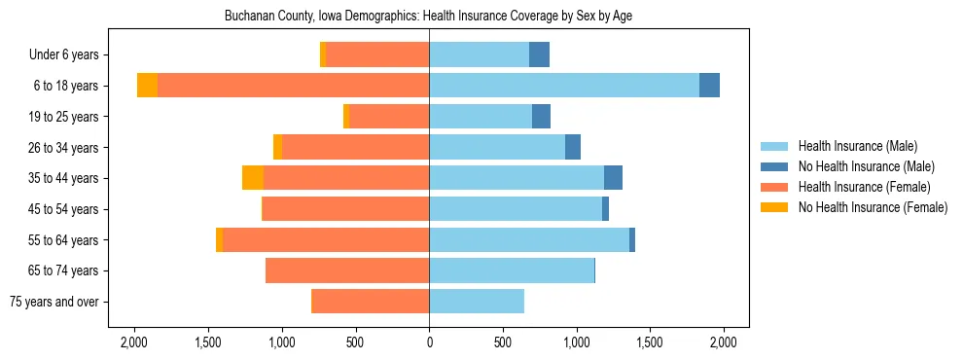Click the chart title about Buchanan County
click(429, 17)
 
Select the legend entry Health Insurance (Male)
click(857, 146)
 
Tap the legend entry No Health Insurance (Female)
click(873, 207)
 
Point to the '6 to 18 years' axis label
click(66, 86)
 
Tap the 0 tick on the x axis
click(429, 342)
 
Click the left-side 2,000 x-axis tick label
click(134, 342)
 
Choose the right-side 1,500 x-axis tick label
click(650, 342)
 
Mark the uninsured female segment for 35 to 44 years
click(253, 178)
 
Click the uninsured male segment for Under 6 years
click(539, 55)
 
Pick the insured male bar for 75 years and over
click(477, 302)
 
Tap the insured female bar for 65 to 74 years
click(347, 270)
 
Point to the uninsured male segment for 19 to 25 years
click(541, 117)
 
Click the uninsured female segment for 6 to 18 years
click(147, 86)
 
